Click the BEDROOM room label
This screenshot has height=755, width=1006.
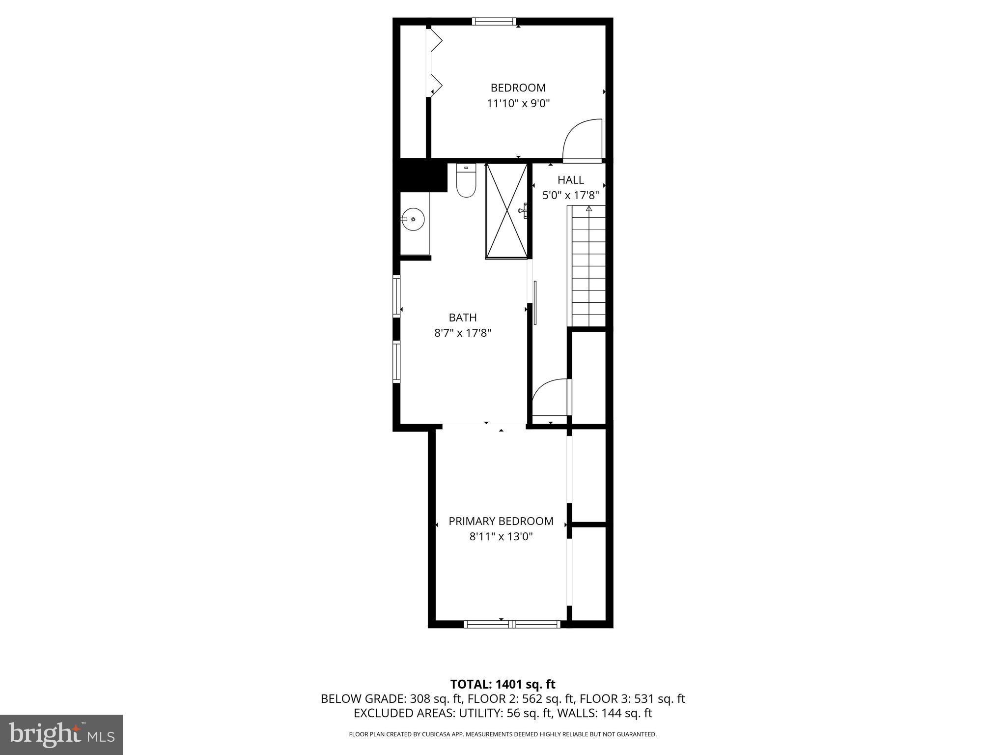[x=518, y=87]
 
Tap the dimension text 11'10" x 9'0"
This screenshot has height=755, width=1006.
[x=518, y=104]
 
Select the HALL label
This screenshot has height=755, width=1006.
[x=570, y=180]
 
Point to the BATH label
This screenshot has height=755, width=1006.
[x=462, y=318]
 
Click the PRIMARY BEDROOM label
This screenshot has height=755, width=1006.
[x=501, y=521]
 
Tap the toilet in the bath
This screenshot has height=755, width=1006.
[x=466, y=181]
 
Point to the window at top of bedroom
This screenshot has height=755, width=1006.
[x=494, y=21]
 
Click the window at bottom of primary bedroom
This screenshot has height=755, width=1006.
[x=512, y=624]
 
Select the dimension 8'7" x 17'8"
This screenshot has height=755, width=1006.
[x=462, y=333]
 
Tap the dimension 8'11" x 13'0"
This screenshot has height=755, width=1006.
[x=501, y=537]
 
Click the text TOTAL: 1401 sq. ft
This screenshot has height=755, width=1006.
[x=503, y=684]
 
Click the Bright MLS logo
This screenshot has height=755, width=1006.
[x=61, y=734]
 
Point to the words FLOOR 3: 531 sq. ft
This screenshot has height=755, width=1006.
[x=632, y=699]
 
